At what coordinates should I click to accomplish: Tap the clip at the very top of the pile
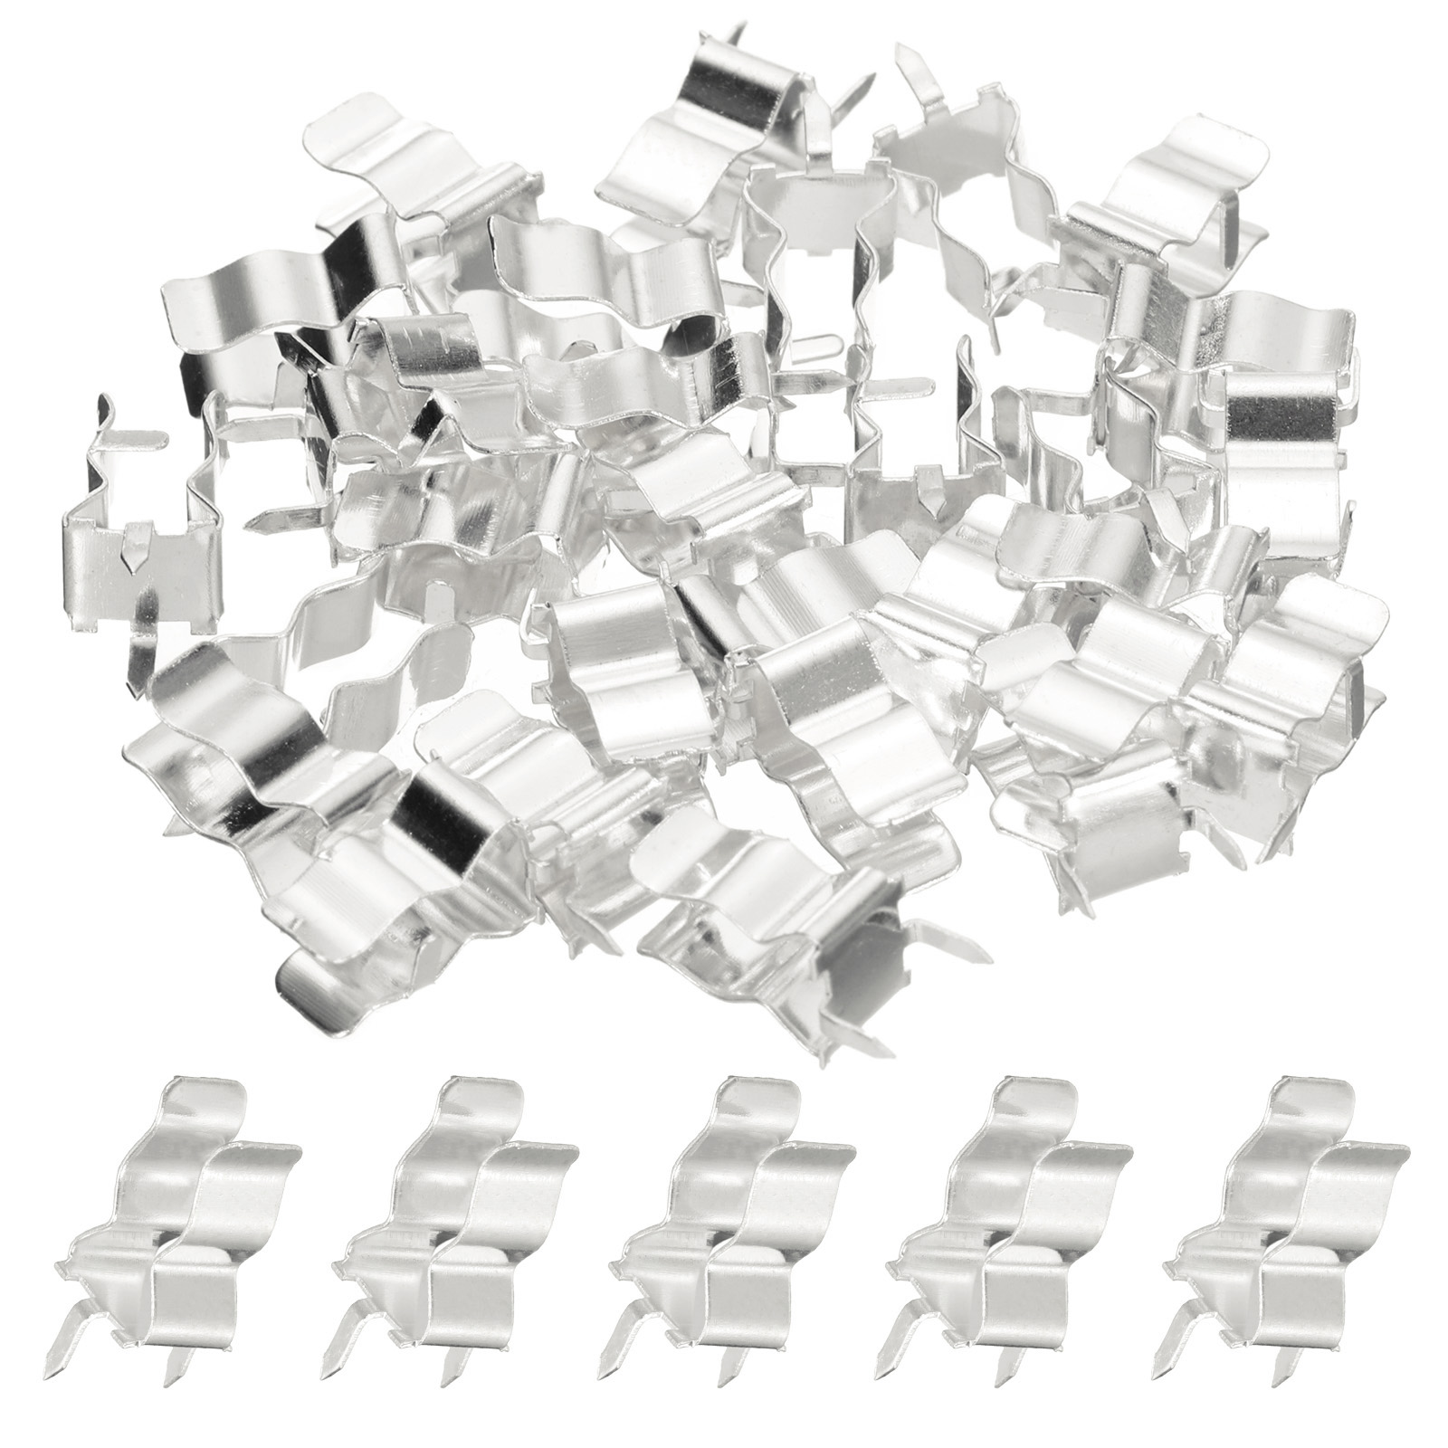point(715,109)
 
